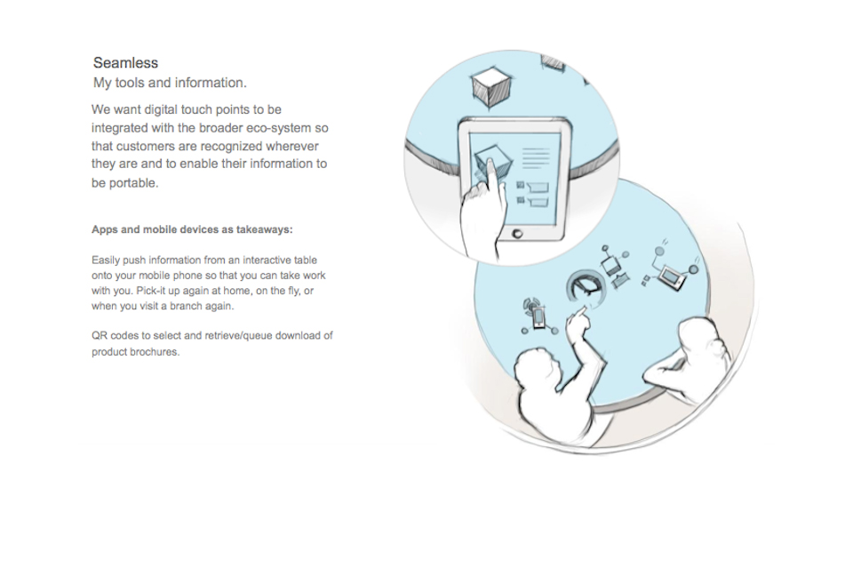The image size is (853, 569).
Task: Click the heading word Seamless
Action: pyautogui.click(x=125, y=62)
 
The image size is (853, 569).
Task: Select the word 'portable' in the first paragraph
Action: pyautogui.click(x=133, y=183)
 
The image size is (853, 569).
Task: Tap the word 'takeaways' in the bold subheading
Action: pyautogui.click(x=265, y=229)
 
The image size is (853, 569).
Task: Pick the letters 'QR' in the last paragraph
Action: pyautogui.click(x=99, y=335)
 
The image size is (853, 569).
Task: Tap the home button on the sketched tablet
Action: pyautogui.click(x=517, y=234)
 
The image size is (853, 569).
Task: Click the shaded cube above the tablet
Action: pyautogui.click(x=491, y=86)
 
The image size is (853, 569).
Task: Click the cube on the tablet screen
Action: pyautogui.click(x=492, y=162)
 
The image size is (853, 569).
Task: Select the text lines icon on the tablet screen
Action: pyautogui.click(x=536, y=159)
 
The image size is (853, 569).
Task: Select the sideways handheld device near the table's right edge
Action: pyautogui.click(x=672, y=277)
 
